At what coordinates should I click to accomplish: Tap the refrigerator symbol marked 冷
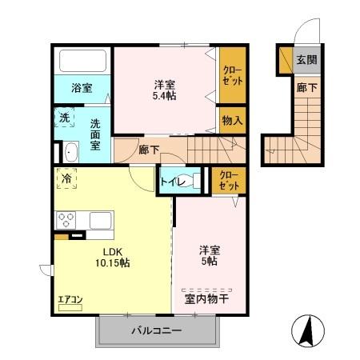66,178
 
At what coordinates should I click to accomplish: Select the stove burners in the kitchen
66,219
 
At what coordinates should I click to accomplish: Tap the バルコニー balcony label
156,330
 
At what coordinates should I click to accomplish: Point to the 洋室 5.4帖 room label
166,90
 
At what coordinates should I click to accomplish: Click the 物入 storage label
233,121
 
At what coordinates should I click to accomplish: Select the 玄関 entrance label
306,59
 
